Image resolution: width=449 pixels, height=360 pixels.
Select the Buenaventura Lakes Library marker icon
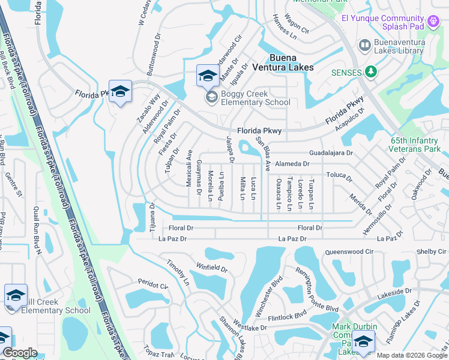point(364,46)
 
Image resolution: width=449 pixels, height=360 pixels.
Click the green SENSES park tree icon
point(372,73)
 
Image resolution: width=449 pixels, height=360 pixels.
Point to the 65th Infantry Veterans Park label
point(414,144)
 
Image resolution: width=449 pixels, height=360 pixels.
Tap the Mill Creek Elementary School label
point(56,306)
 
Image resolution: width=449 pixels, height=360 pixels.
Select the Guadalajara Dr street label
point(330,153)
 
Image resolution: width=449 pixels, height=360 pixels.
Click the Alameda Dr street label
point(292,163)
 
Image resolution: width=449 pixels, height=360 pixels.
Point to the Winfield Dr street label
point(212,266)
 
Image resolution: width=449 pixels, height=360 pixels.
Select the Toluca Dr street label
point(339,175)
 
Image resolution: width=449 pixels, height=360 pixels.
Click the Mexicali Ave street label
point(189,168)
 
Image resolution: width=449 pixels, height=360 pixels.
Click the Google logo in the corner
point(20,353)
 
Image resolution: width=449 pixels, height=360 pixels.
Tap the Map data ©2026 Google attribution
point(411,355)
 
